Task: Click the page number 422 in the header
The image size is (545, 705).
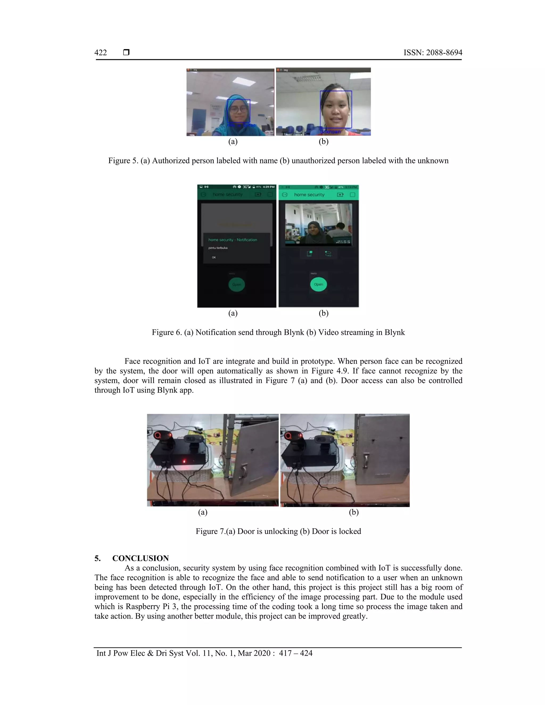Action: [100, 53]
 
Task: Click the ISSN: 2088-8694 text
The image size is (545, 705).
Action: [433, 53]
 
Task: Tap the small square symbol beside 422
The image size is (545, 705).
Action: [126, 52]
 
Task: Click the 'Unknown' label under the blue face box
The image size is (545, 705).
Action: [331, 132]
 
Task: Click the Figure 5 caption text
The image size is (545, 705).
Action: [278, 161]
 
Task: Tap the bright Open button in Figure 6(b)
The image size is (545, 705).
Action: [318, 284]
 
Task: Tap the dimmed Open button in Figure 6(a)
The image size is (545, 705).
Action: [237, 285]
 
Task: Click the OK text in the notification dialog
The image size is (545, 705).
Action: [214, 257]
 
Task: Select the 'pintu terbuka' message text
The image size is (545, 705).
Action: [218, 248]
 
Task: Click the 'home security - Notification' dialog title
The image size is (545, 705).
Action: [233, 240]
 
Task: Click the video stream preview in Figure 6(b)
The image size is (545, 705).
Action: [318, 225]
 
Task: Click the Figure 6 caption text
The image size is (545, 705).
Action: [278, 333]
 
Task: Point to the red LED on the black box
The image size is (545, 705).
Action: [184, 461]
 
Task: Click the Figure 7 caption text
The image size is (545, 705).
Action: [278, 531]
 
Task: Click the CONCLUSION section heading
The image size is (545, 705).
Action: [141, 558]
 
